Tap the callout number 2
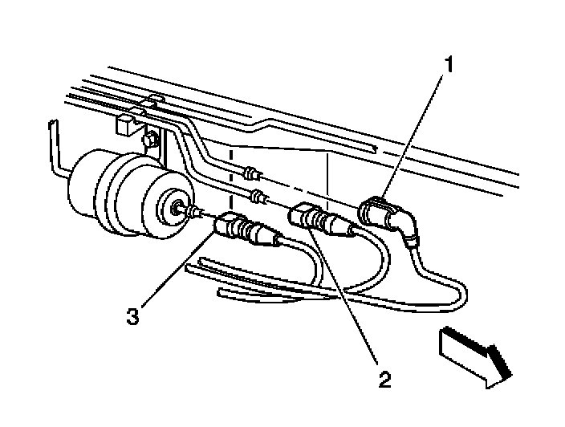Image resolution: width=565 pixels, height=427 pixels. (385, 378)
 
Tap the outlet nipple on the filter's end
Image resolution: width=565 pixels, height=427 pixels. (177, 209)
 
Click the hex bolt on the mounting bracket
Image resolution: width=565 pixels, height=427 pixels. (149, 142)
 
